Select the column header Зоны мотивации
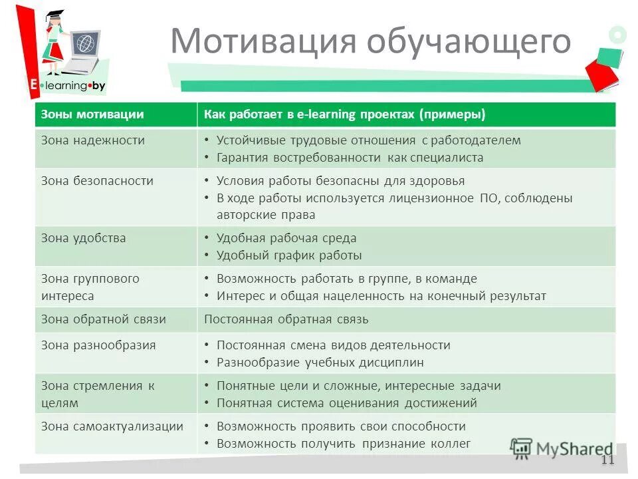(92, 114)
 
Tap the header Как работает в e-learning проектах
(344, 114)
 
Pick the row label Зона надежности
(93, 140)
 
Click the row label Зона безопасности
(97, 180)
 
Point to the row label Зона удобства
(84, 238)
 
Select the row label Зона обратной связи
(104, 319)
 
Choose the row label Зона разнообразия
(98, 345)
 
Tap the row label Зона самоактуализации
(112, 426)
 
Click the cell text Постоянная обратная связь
(286, 319)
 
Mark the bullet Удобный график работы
(289, 255)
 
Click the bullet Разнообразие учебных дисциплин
(320, 363)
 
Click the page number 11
(607, 460)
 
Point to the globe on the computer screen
(84, 45)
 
